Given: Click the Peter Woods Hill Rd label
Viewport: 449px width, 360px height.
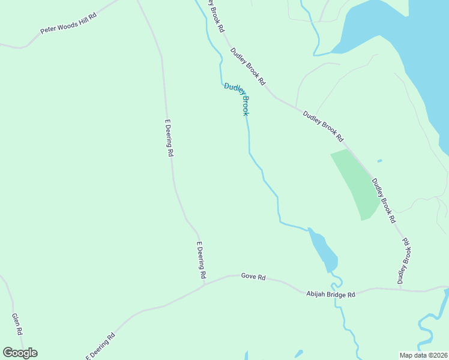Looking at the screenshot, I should point(68,22).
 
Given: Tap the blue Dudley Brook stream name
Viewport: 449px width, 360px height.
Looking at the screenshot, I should point(237,99).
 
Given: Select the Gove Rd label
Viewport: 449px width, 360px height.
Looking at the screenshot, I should point(253,277).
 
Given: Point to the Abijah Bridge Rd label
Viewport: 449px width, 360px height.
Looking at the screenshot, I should point(331,294).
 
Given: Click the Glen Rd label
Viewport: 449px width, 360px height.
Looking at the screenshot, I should point(17,324).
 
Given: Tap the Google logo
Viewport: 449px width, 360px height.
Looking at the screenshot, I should point(20,353).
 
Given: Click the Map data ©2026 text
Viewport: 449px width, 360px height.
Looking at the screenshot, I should point(423,355).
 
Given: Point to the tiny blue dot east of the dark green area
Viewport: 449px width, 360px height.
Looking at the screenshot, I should point(379,161).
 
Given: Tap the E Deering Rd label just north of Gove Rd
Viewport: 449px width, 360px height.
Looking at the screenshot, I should point(202,260).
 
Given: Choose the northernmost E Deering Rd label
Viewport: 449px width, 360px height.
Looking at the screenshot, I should point(169,138).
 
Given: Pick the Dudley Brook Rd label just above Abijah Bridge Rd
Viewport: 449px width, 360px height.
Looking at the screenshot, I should point(405,260).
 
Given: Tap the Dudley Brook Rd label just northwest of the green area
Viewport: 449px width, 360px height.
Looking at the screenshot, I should point(323,126).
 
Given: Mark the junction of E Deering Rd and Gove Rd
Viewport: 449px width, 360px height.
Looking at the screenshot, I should point(203,284).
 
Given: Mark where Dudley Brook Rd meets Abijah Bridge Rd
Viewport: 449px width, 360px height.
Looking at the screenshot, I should point(400,289).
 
